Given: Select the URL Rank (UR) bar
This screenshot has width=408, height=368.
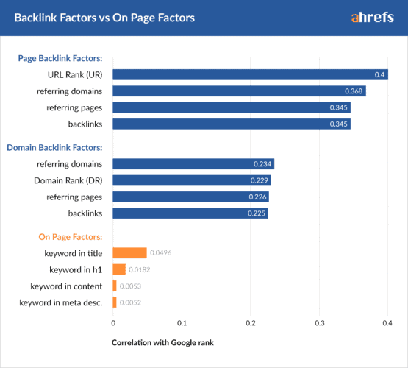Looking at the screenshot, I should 250,74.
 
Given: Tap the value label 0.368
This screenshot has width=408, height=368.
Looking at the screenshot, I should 354,91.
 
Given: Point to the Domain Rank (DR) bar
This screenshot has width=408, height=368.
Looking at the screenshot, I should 192,180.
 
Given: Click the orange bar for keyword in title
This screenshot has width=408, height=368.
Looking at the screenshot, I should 129,252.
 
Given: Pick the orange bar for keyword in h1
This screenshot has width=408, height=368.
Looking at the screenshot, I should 119,269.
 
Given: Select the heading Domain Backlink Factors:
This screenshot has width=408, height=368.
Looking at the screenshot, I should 54,147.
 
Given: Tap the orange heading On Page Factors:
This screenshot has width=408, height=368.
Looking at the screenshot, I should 70,237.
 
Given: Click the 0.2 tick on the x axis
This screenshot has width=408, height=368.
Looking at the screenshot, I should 251,322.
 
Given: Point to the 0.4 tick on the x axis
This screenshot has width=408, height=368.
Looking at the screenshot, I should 387,322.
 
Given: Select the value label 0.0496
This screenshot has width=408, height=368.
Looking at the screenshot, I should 162,252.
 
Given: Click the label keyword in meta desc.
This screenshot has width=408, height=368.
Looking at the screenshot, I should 61,302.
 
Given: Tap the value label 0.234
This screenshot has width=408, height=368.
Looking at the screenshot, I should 262,163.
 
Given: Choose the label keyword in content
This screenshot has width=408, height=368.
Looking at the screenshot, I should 66,286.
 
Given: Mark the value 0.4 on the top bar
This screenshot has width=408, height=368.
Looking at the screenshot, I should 380,74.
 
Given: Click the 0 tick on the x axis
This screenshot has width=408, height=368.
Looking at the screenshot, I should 113,322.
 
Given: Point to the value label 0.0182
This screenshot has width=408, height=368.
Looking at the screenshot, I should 140,269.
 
